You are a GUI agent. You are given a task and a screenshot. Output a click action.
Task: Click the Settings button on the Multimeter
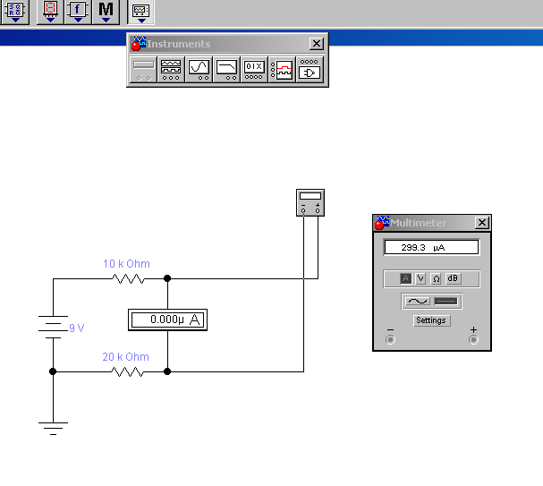point(431,320)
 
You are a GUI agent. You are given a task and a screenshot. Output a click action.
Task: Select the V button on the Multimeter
point(420,279)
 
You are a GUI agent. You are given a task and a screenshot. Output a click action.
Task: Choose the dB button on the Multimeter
point(453,279)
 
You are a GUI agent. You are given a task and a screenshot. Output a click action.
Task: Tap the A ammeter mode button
point(405,279)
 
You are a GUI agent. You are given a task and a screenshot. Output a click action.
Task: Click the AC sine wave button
point(417,302)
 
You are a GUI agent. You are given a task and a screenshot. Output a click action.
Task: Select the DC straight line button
point(445,302)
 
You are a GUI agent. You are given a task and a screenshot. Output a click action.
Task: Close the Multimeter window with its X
point(482,223)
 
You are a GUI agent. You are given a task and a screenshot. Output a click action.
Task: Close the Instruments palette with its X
point(317,44)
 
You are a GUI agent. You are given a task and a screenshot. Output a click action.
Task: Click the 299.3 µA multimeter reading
point(431,247)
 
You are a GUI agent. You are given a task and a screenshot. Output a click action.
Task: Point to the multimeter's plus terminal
point(473,339)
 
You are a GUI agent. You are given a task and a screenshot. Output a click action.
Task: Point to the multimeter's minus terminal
point(389,339)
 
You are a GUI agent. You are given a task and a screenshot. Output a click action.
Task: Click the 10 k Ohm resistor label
point(126,264)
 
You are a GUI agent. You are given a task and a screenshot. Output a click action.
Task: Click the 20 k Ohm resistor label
point(126,357)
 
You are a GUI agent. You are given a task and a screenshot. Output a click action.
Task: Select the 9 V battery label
point(77,328)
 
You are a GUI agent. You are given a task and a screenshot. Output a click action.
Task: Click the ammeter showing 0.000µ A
point(167,320)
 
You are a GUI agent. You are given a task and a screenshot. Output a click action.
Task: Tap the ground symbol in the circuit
point(53,427)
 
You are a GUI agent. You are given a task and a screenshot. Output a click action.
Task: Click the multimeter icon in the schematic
point(310,202)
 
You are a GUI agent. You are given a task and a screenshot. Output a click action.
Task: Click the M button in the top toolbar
point(106,11)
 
